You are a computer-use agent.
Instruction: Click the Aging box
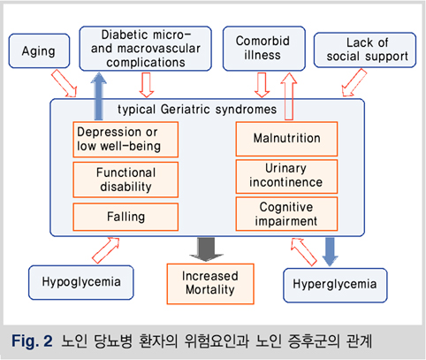[39, 51]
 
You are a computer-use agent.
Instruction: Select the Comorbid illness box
[264, 49]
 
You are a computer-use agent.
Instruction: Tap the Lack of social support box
[365, 50]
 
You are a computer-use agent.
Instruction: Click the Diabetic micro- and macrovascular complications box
[146, 49]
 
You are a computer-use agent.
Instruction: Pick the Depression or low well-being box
[126, 139]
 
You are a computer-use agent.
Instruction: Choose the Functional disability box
[126, 180]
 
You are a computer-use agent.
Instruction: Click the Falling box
[126, 217]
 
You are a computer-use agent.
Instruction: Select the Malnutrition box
[286, 139]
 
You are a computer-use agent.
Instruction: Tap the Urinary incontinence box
[286, 176]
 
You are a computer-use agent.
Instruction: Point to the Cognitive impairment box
[286, 214]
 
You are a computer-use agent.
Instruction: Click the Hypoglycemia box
[81, 282]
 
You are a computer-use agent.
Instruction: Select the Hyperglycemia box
[335, 285]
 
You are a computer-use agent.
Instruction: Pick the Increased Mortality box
[210, 284]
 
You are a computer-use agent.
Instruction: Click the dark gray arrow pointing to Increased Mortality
[206, 249]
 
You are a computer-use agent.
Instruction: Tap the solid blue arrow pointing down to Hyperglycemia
[330, 252]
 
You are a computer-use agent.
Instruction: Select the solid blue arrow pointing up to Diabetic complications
[99, 96]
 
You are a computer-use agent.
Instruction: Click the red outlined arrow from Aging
[65, 83]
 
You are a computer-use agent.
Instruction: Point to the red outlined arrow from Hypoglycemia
[106, 250]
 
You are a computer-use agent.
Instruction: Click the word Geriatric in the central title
[186, 110]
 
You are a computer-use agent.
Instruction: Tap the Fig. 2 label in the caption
[32, 341]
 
